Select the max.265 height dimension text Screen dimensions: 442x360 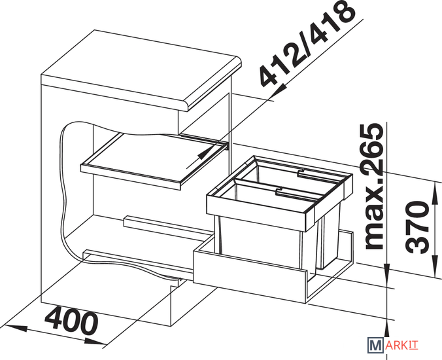pos(374,186)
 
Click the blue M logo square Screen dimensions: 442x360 pos(375,345)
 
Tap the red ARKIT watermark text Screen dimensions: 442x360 pos(401,346)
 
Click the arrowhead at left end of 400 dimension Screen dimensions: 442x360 pos(16,328)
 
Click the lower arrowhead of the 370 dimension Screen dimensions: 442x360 pos(433,264)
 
